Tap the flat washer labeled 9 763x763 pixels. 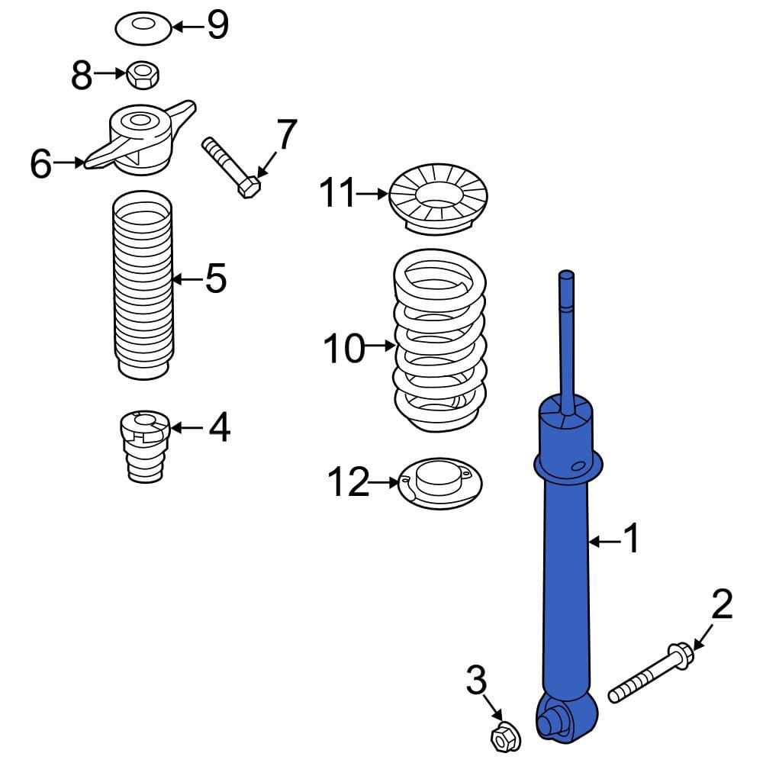[x=142, y=29]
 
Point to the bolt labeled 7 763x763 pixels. [x=230, y=166]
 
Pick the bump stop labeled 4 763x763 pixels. [x=144, y=446]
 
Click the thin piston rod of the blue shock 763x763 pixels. [x=568, y=336]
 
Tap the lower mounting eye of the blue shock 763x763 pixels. [x=553, y=719]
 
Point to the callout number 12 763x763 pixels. [x=349, y=482]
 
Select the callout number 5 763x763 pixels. [x=216, y=278]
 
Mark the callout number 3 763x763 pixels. [x=476, y=681]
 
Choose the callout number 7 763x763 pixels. [x=285, y=135]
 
